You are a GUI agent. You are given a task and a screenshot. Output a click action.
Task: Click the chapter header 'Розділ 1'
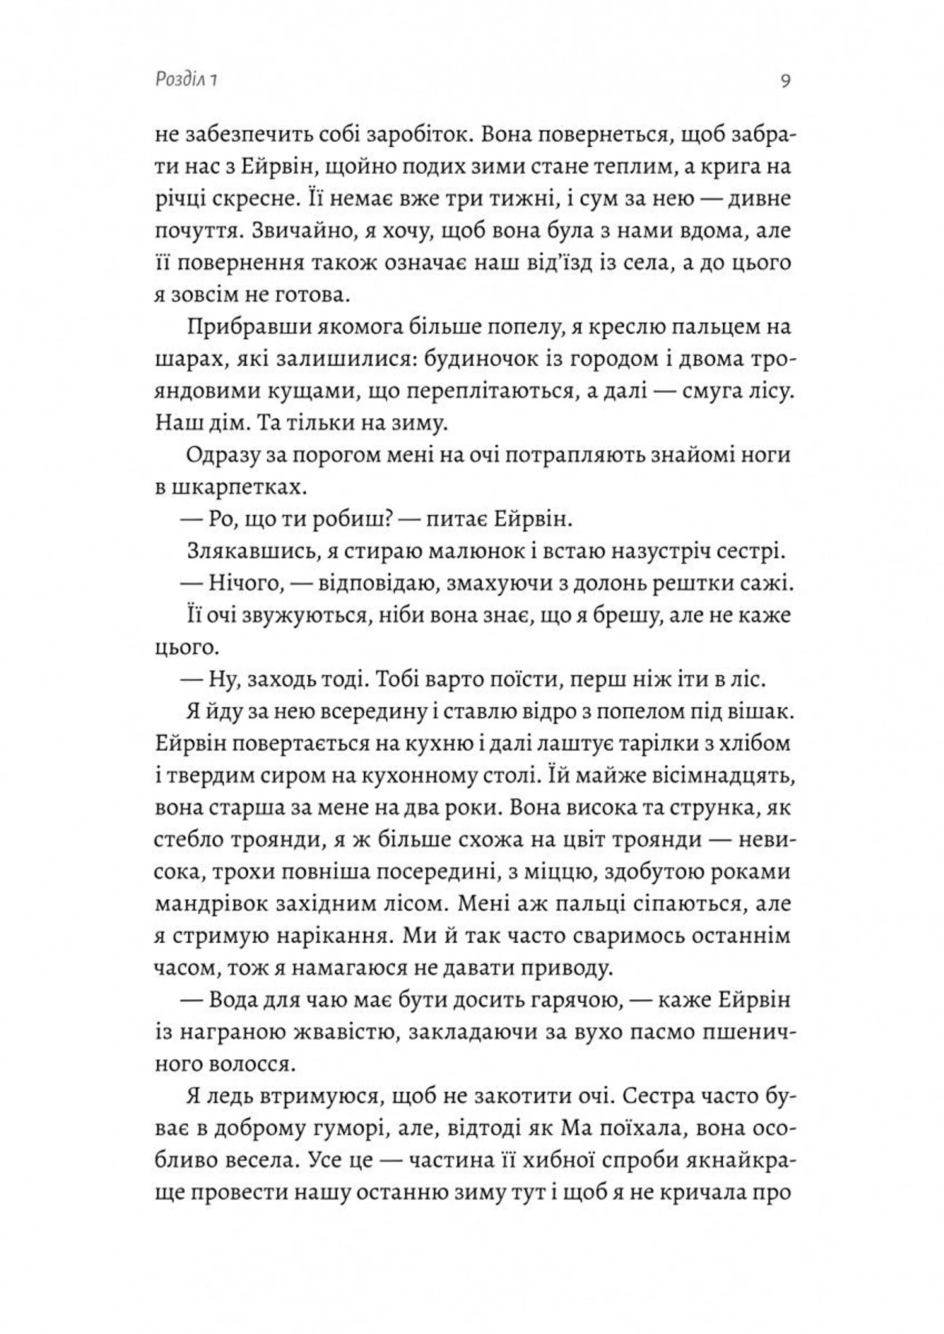tap(187, 81)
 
